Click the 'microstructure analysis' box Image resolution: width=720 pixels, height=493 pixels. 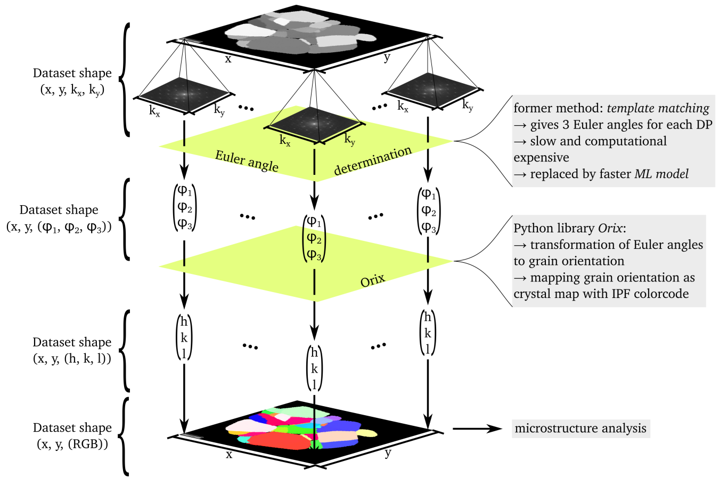580,429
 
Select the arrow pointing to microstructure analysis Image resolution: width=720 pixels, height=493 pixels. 477,429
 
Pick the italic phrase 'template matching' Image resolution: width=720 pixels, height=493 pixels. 658,108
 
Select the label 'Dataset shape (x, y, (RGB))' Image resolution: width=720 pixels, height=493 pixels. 72,435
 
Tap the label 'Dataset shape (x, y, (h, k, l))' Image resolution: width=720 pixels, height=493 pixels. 72,350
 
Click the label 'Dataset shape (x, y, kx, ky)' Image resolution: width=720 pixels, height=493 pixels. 72,81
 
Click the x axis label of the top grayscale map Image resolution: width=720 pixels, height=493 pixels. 228,59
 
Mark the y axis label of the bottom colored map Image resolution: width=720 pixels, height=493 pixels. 388,453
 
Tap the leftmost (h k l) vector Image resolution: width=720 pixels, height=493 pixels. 184,337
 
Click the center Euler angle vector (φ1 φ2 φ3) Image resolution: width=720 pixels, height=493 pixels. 314,238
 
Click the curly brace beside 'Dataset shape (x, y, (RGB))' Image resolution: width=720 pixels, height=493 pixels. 124,435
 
